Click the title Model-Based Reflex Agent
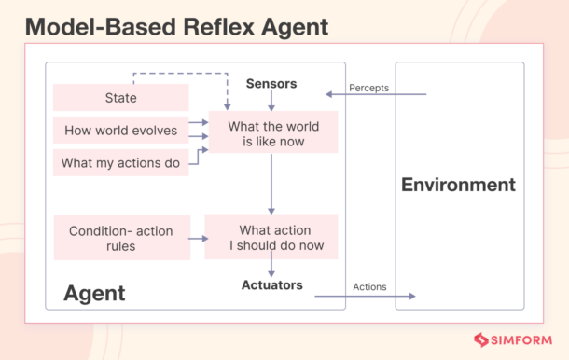click(176, 26)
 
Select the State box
click(121, 98)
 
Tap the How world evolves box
click(121, 131)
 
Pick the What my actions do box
click(121, 163)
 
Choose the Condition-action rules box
click(121, 238)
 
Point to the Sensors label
click(271, 84)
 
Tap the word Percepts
click(368, 88)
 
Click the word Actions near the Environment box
click(369, 286)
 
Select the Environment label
click(458, 185)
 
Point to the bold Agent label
click(94, 293)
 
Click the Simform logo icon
click(482, 341)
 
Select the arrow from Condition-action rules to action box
click(197, 238)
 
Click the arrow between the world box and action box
click(271, 184)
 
